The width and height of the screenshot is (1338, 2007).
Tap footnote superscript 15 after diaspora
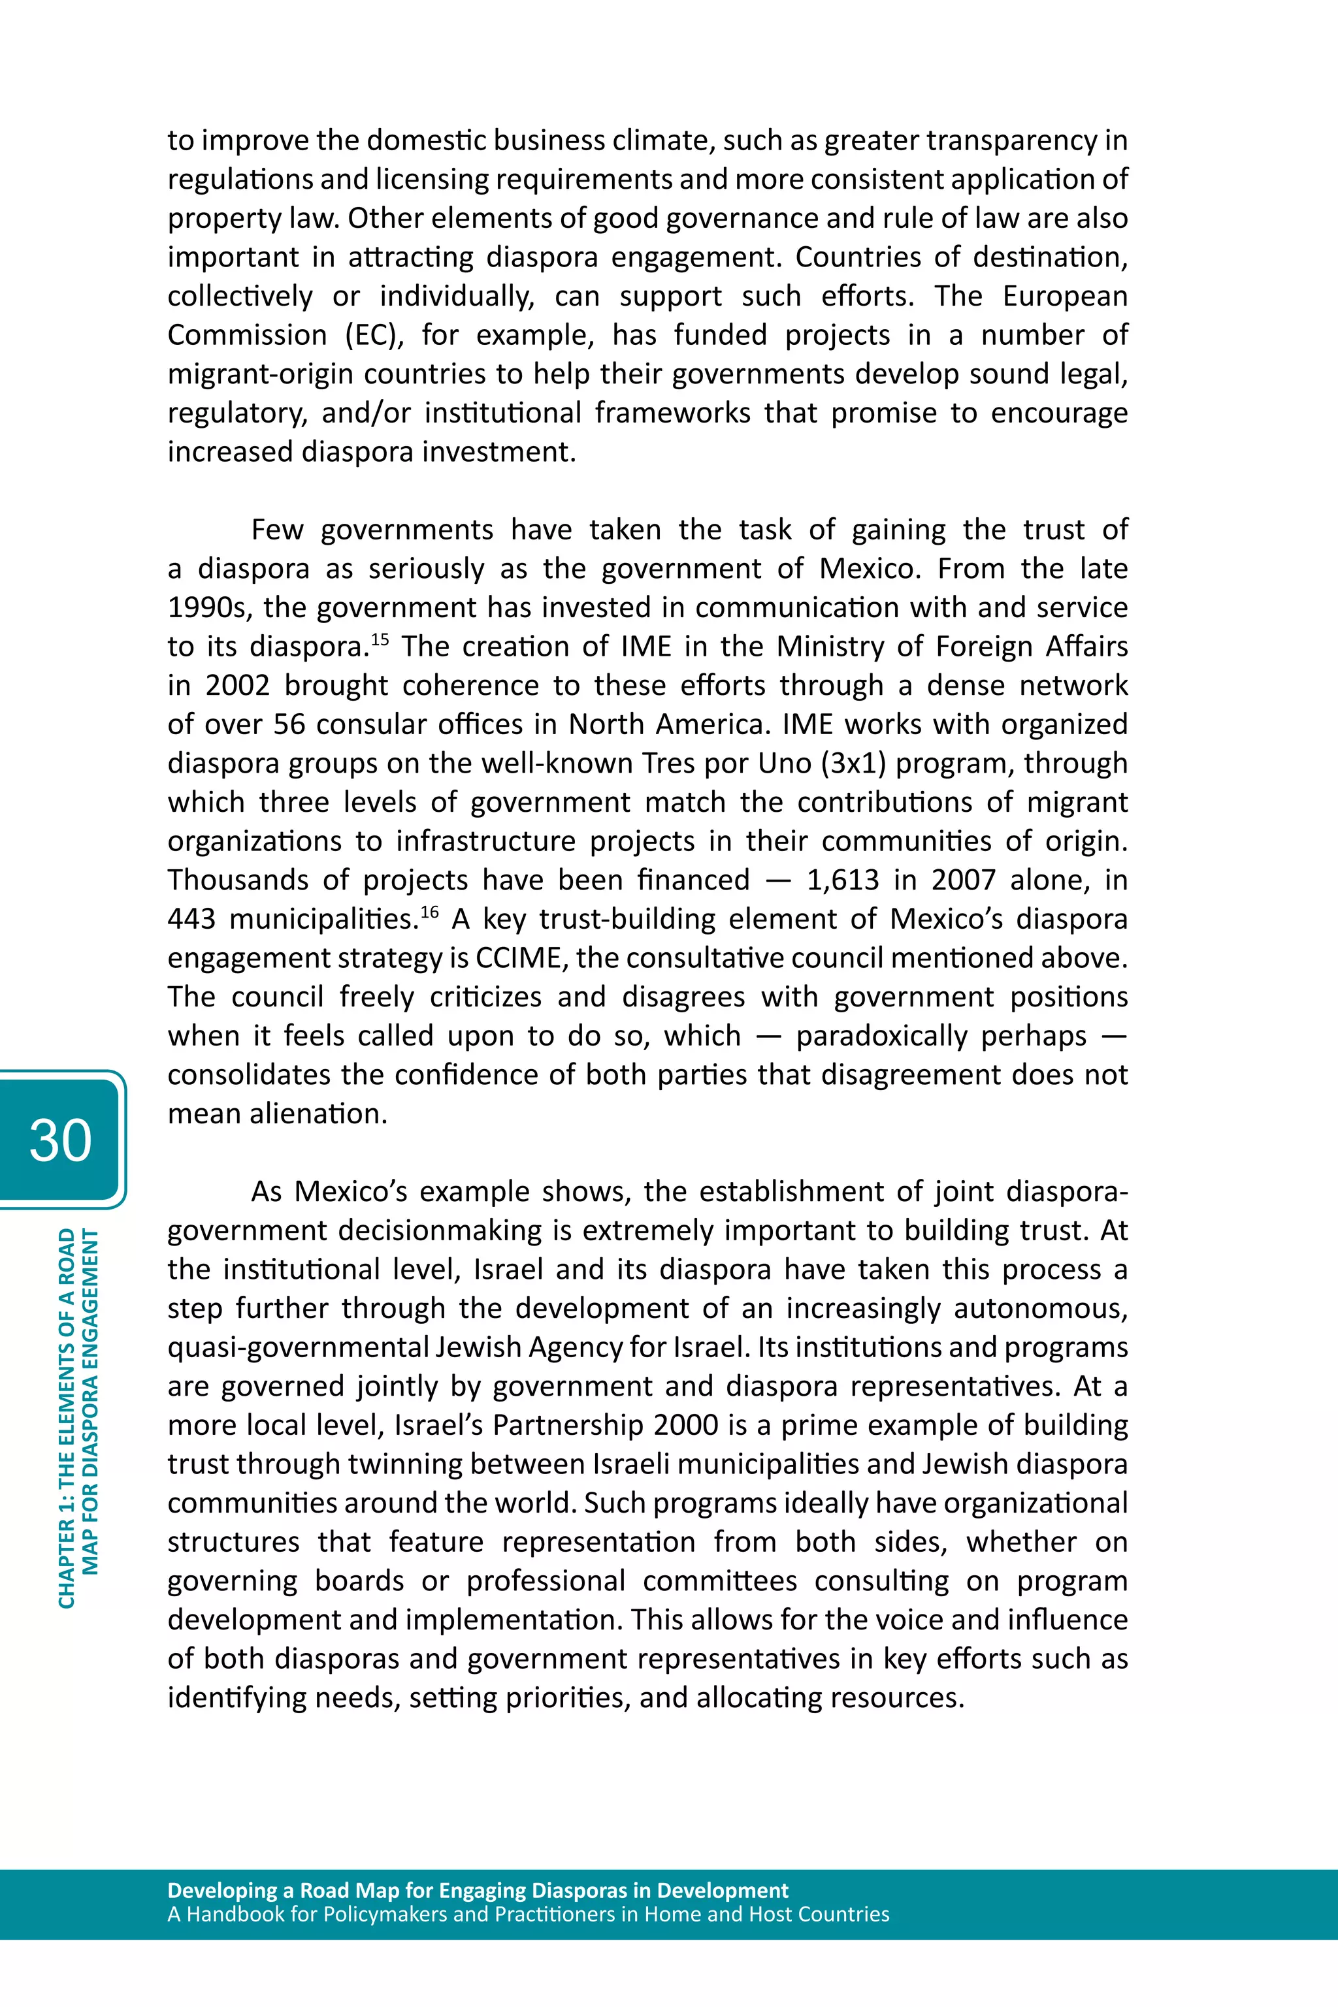pyautogui.click(x=379, y=638)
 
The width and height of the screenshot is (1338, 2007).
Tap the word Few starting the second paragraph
pyautogui.click(x=276, y=530)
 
